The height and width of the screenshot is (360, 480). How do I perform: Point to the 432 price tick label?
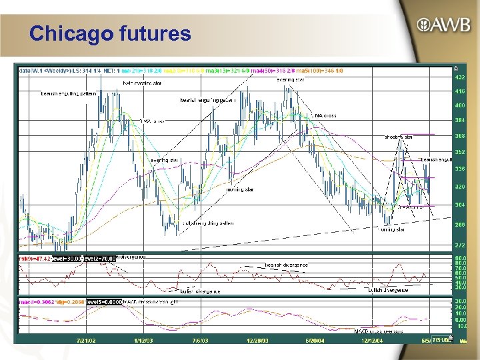(459, 78)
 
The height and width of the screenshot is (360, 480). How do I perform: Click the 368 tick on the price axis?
(459, 135)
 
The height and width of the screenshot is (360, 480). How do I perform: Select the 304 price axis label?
(459, 205)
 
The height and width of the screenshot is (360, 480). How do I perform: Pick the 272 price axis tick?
(459, 245)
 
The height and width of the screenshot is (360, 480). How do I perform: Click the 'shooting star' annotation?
(399, 137)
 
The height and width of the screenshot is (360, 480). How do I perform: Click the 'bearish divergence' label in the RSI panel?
(287, 265)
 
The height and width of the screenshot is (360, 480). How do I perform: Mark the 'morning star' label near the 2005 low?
(391, 229)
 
